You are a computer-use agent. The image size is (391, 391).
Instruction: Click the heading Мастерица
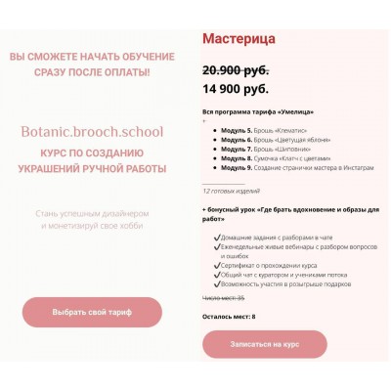coord(239,39)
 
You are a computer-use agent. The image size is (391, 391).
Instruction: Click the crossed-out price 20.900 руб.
coord(236,70)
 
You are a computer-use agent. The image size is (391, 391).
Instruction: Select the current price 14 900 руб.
coord(236,90)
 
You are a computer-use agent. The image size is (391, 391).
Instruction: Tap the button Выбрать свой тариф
coord(93,312)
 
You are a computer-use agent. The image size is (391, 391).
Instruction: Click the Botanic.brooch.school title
coord(92,131)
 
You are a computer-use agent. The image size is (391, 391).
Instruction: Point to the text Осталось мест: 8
coord(229,317)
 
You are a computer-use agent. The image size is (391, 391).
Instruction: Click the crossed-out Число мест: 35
coord(224,296)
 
